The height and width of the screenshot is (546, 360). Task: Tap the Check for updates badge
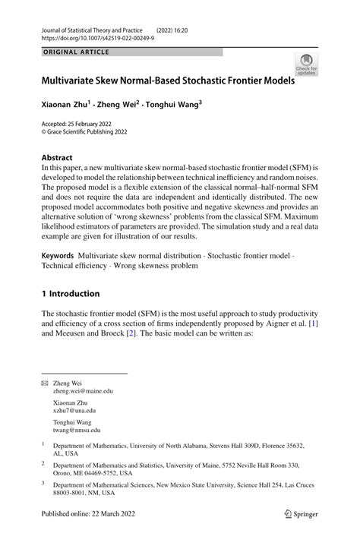pos(307,64)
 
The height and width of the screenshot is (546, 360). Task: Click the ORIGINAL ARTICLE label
pos(76,52)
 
